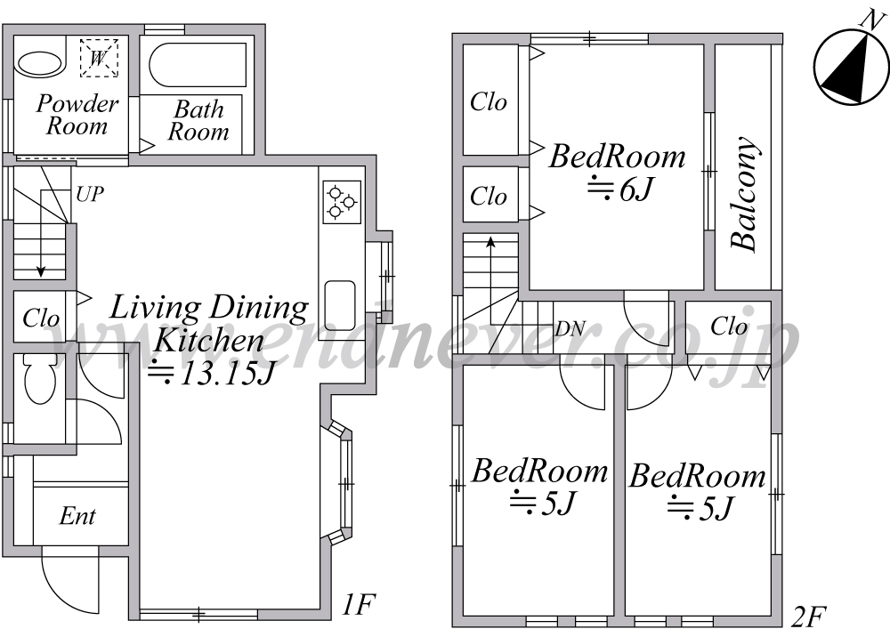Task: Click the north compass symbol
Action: pyautogui.click(x=851, y=67)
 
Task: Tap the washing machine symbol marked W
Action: pyautogui.click(x=99, y=58)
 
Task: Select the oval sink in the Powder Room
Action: pyautogui.click(x=39, y=65)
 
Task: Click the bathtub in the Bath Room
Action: pyautogui.click(x=198, y=65)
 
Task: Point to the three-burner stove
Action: pyautogui.click(x=342, y=202)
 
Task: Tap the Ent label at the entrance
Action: pyautogui.click(x=77, y=516)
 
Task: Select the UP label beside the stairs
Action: pyautogui.click(x=90, y=194)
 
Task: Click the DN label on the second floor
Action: pyautogui.click(x=570, y=328)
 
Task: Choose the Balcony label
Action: pyautogui.click(x=744, y=194)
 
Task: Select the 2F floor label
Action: pyautogui.click(x=808, y=617)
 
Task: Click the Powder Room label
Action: pyautogui.click(x=77, y=115)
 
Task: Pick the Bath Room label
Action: pyautogui.click(x=198, y=120)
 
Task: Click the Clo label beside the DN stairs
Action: pyautogui.click(x=729, y=327)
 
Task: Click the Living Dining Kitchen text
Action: pyautogui.click(x=209, y=325)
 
